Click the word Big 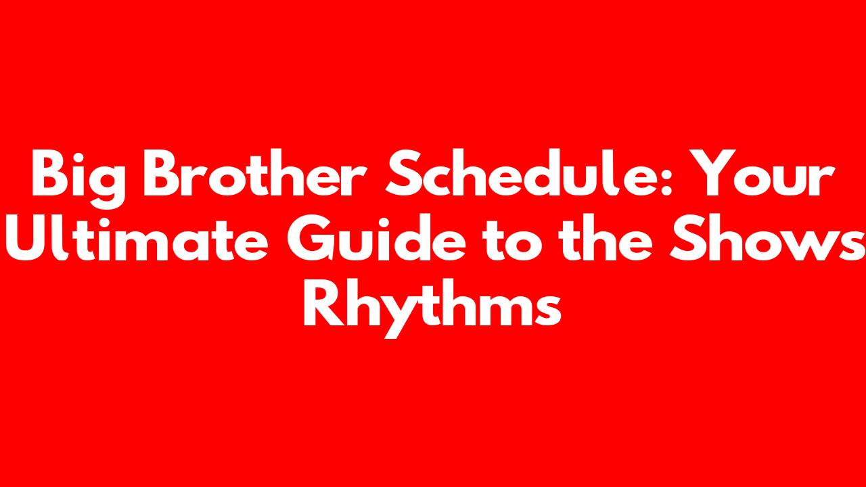click(78, 179)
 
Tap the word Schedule click(524, 172)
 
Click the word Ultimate click(137, 237)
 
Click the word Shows click(767, 237)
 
